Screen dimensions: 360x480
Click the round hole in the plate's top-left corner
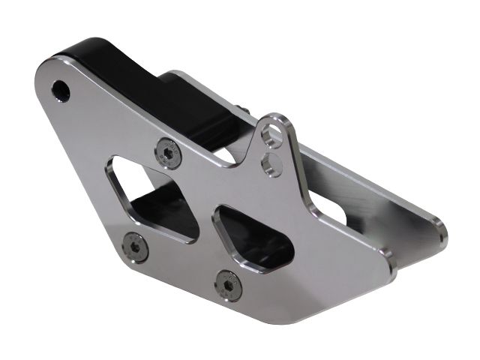tap(60, 91)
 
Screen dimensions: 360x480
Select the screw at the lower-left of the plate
tap(136, 245)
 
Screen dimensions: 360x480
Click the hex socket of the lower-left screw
tap(136, 245)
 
